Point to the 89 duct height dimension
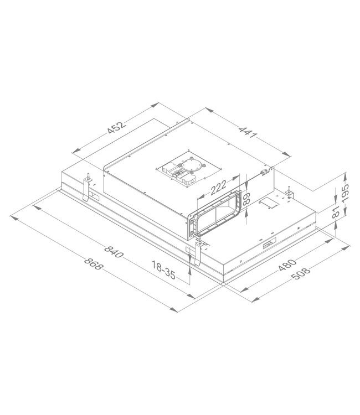coord(247,197)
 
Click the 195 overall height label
coord(345,194)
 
